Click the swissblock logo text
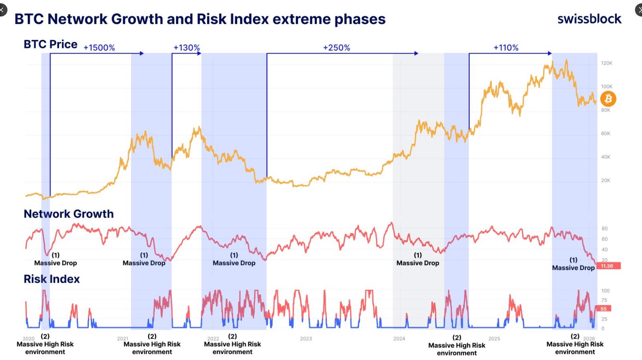[589, 19]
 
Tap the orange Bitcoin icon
[608, 99]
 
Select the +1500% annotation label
[99, 47]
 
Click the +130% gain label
[186, 47]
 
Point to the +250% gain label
[336, 47]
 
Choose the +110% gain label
[506, 47]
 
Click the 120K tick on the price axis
[606, 63]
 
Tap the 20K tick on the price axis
[605, 180]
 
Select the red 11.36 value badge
[608, 266]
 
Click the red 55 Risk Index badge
[604, 309]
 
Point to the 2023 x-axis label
[306, 339]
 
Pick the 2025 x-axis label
[494, 339]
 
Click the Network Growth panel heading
[69, 214]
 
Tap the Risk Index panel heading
[52, 279]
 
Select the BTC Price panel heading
[50, 44]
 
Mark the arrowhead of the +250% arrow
[416, 53]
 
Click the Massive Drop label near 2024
[418, 263]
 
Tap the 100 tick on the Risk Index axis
[605, 291]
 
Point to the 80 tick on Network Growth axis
[604, 228]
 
